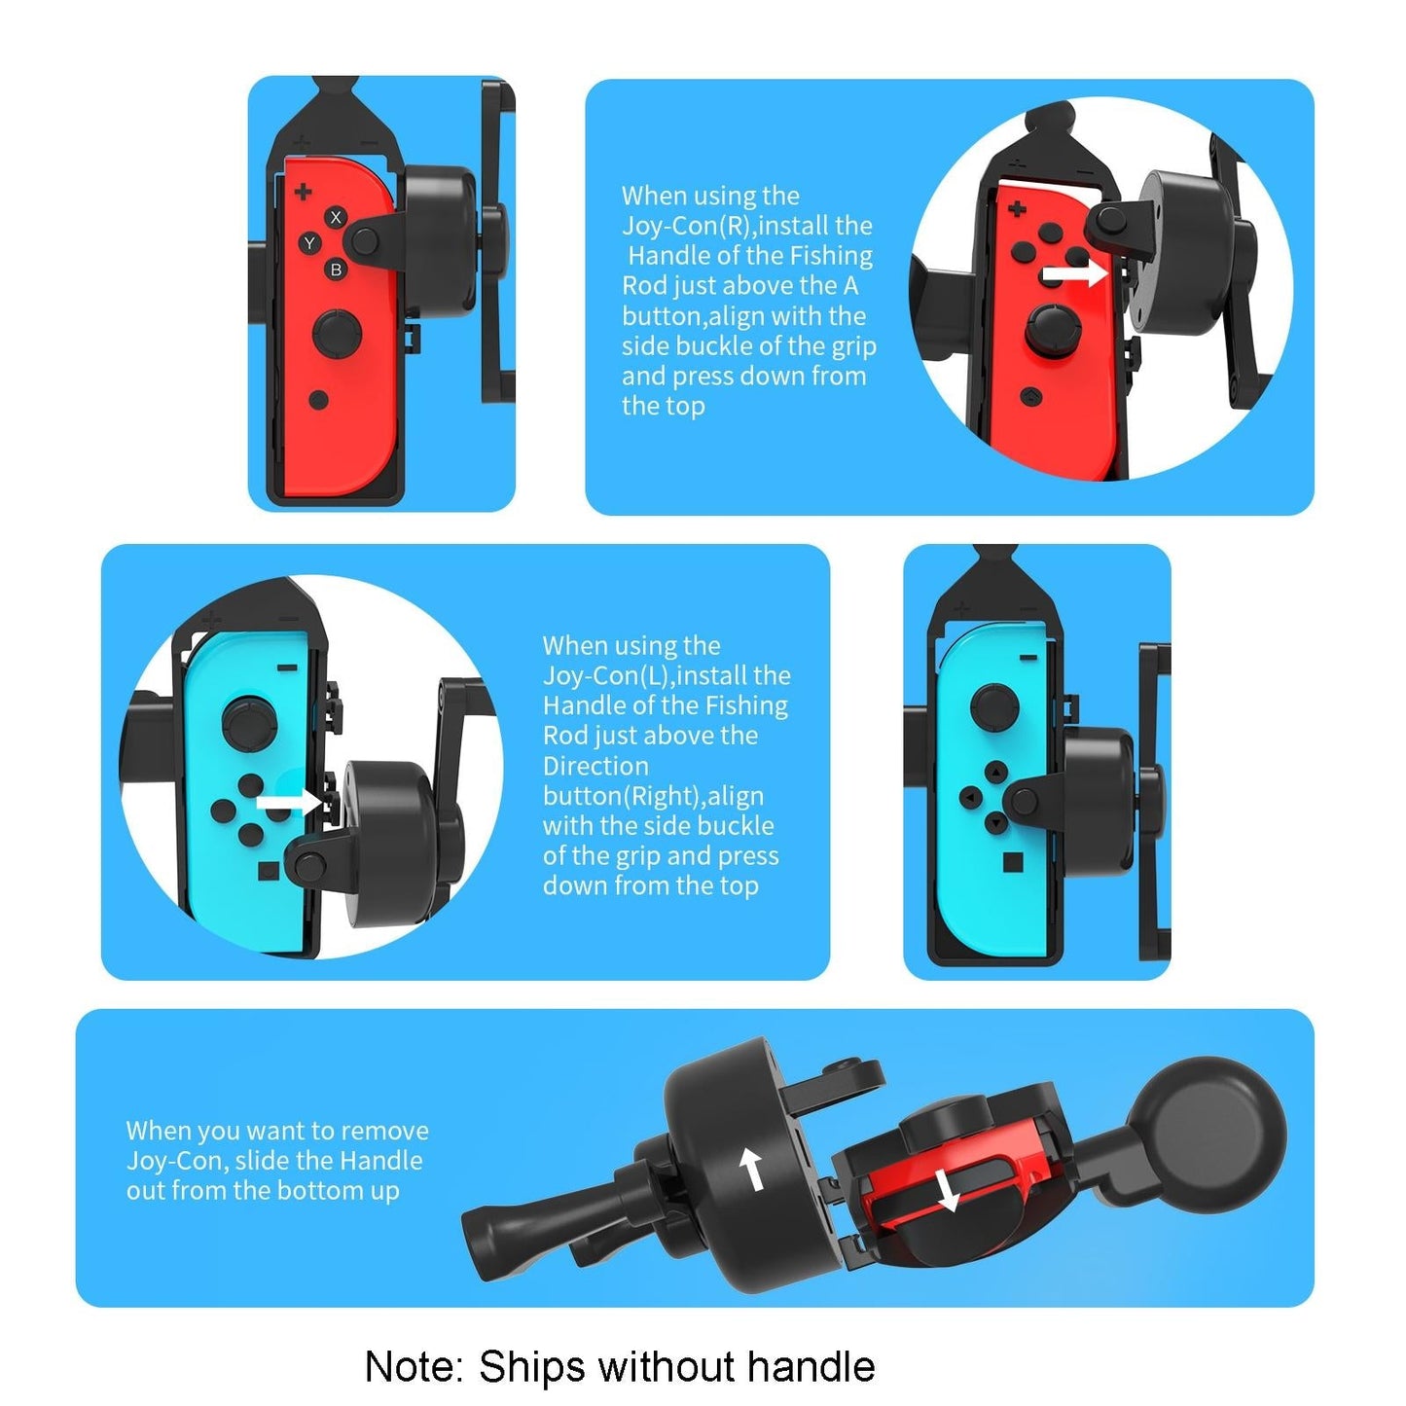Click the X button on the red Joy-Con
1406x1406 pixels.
click(336, 217)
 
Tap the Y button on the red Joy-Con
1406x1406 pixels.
click(309, 243)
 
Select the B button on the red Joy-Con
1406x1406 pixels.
click(336, 270)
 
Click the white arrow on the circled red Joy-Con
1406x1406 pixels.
click(1074, 274)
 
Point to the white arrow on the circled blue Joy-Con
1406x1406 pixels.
click(288, 803)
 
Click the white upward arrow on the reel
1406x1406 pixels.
click(751, 1168)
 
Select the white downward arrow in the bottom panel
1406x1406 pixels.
click(947, 1190)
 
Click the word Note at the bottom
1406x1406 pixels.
click(413, 1367)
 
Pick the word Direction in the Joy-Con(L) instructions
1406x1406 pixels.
click(595, 766)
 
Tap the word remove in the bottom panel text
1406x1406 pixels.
click(384, 1131)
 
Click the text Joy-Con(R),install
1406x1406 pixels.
click(747, 226)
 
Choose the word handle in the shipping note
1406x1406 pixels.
click(811, 1367)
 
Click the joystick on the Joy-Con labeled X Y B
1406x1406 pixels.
click(337, 334)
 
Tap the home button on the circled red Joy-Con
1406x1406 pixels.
click(1031, 397)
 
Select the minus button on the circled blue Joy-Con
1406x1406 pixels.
click(286, 668)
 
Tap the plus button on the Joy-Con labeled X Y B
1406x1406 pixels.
click(303, 192)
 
